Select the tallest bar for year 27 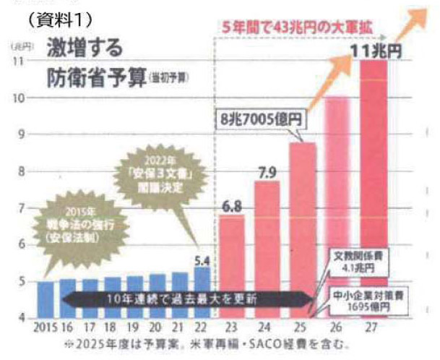pyautogui.click(x=374, y=188)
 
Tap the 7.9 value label pyautogui.click(x=267, y=173)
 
